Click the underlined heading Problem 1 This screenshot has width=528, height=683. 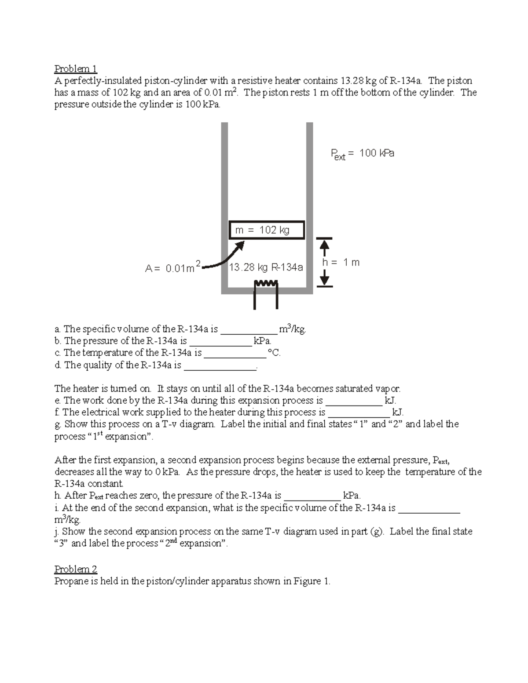(x=75, y=69)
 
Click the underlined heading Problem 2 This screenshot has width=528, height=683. (x=75, y=569)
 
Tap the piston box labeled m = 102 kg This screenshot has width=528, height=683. (x=267, y=230)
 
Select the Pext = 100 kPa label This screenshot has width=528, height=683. (x=362, y=153)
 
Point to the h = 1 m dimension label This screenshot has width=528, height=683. (x=341, y=263)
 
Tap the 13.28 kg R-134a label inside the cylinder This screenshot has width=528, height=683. (x=266, y=267)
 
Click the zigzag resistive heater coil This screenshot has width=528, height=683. (x=266, y=283)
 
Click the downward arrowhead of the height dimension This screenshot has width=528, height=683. (x=324, y=280)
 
